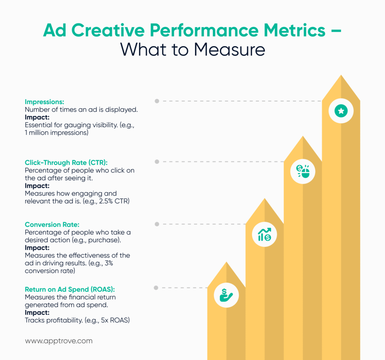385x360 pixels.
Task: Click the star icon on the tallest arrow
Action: coord(341,110)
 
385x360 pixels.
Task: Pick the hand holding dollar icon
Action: coord(226,295)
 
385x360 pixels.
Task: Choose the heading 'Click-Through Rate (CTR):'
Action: coord(66,163)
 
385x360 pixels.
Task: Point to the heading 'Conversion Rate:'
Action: coord(52,225)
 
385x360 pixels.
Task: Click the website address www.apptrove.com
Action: coord(58,341)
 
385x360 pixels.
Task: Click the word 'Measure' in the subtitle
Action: coord(232,50)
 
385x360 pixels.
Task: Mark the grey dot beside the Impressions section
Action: coord(157,101)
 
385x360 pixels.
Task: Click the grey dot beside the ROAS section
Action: coord(156,288)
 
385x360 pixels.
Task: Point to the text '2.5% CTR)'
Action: coord(114,201)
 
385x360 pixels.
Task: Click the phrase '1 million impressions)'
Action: coord(56,133)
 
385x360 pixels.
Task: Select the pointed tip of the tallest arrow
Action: coord(341,76)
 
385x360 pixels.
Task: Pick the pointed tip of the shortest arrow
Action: coord(226,263)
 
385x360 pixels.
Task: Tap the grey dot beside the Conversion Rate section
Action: coord(156,224)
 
